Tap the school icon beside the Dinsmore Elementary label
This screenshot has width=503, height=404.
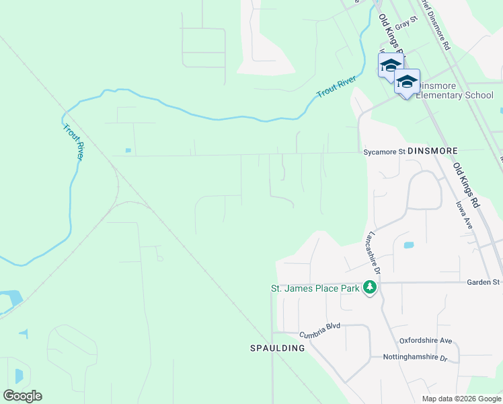coord(407,82)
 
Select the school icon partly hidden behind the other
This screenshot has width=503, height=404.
coord(388,65)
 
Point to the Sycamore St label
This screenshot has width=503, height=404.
coord(384,152)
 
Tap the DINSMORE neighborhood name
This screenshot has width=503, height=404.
coord(432,151)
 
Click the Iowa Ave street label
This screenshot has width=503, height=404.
coord(464,215)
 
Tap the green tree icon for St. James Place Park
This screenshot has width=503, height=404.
coord(369,288)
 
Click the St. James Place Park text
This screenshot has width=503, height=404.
coord(315,288)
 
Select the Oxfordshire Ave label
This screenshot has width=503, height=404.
coord(426,341)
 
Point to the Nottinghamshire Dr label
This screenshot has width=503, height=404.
coord(415,358)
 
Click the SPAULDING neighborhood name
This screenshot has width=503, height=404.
coord(278,348)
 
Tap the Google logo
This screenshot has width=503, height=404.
coord(22,396)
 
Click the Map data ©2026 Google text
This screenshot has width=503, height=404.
coord(461,399)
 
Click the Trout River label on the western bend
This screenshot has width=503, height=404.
coord(73,141)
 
